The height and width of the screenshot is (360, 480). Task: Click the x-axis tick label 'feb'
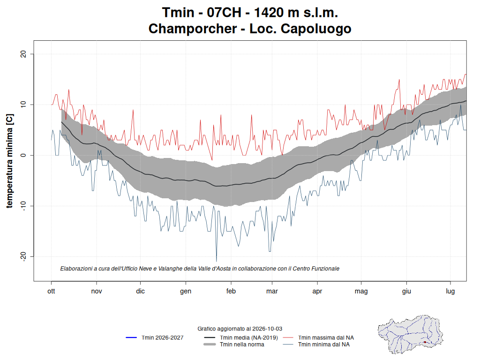click(x=231, y=291)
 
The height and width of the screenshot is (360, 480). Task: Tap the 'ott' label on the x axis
click(x=51, y=291)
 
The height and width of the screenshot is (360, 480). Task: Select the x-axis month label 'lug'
click(x=450, y=291)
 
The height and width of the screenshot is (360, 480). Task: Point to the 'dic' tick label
click(x=140, y=291)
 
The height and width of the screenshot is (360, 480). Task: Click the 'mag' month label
click(x=361, y=291)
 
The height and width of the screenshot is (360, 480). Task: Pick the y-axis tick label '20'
click(x=23, y=54)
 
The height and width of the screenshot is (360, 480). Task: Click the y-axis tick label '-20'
click(x=23, y=256)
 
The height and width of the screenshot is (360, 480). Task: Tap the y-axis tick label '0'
click(x=23, y=155)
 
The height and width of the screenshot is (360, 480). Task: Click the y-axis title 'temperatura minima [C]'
click(x=9, y=161)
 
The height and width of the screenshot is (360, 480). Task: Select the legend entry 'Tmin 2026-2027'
click(x=155, y=337)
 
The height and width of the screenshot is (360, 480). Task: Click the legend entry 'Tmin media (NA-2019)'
click(x=241, y=337)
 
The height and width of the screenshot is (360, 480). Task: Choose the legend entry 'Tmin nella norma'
click(x=234, y=345)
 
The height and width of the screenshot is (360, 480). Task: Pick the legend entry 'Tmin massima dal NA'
click(x=318, y=337)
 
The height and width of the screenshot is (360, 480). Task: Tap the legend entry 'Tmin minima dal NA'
click(x=316, y=345)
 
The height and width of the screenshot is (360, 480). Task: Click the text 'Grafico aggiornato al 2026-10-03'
click(x=240, y=329)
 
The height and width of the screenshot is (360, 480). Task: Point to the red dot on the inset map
click(x=425, y=342)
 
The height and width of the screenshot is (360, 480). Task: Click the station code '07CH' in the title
click(x=224, y=13)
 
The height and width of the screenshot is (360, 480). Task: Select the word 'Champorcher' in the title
click(x=193, y=29)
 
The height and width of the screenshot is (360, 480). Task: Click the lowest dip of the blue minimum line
click(x=217, y=262)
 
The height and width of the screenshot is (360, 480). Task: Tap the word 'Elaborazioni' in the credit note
click(x=76, y=269)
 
